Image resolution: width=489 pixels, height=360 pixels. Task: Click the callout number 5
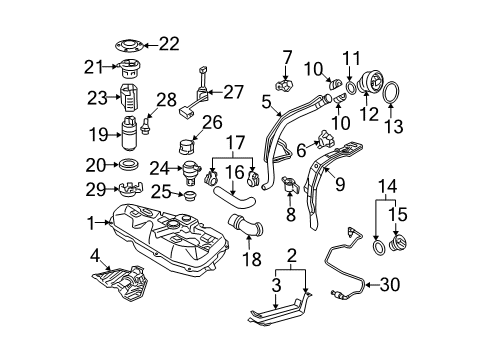click(266, 100)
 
